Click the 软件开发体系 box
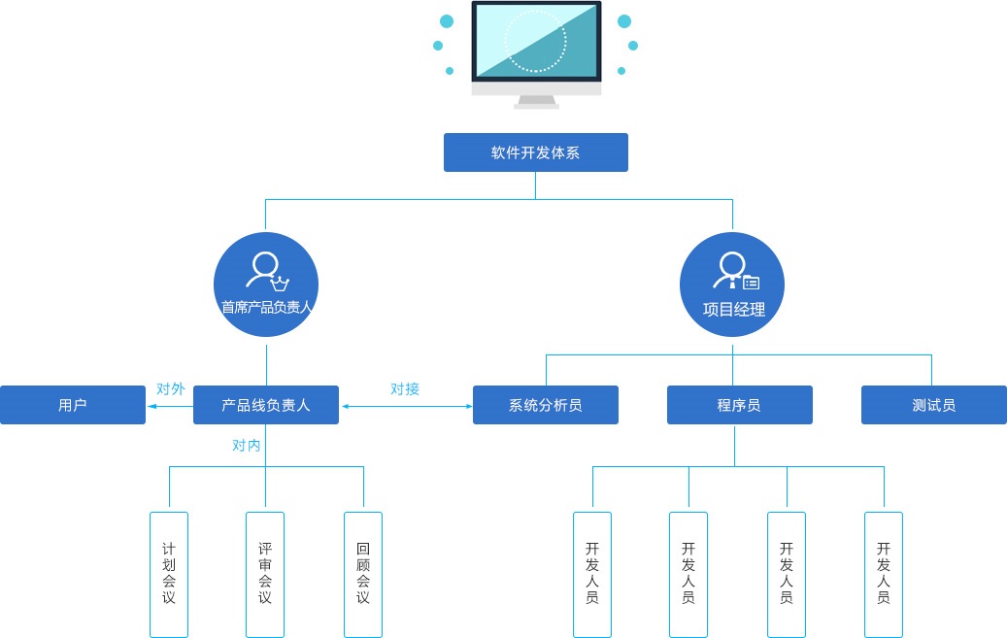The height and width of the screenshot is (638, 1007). tap(536, 152)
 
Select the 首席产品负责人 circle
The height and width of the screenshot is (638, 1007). tap(266, 284)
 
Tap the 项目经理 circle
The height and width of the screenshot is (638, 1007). tap(732, 284)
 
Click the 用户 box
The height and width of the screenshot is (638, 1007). tap(73, 405)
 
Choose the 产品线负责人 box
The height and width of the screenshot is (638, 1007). tap(266, 405)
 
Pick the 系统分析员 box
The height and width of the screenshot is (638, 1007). tap(545, 405)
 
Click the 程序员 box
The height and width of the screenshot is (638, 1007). tap(740, 405)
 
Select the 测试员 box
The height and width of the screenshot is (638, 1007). tap(934, 405)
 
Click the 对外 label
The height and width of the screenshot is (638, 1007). tap(171, 388)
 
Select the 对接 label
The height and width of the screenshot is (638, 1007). tap(405, 388)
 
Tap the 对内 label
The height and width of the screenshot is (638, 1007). tap(246, 446)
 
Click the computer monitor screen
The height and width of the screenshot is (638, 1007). tap(536, 41)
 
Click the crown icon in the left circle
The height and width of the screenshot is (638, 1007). tap(280, 283)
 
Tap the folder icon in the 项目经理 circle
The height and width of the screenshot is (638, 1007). tap(752, 282)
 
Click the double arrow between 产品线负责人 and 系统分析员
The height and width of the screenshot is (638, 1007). tap(407, 406)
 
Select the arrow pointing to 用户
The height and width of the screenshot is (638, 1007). tap(170, 406)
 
